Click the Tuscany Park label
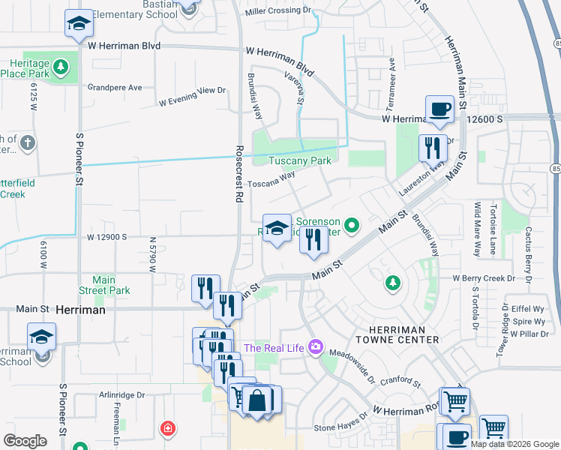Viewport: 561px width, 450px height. (x=300, y=160)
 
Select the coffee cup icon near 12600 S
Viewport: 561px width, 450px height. (x=439, y=109)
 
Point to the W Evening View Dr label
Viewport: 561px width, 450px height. (x=192, y=91)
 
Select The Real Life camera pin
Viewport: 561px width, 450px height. (x=316, y=346)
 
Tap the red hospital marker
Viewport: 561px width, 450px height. (x=169, y=429)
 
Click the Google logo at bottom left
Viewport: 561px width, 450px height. (x=25, y=441)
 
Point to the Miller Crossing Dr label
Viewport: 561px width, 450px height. (x=277, y=10)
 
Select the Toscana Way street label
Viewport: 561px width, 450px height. (x=271, y=180)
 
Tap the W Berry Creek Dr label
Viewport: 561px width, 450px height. (x=484, y=277)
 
